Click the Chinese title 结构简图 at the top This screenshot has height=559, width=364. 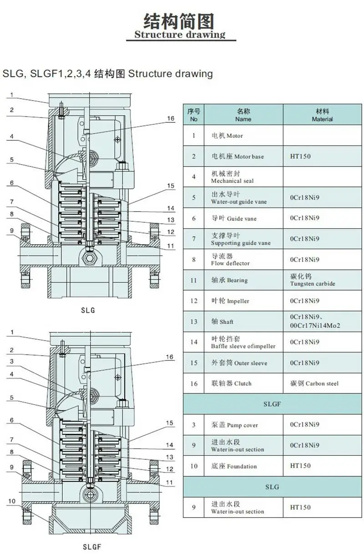click(x=178, y=21)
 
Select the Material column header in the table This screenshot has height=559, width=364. click(x=322, y=115)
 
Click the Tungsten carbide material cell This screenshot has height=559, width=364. click(x=322, y=280)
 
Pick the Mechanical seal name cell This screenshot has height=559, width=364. click(x=243, y=176)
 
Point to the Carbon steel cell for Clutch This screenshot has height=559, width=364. click(x=322, y=383)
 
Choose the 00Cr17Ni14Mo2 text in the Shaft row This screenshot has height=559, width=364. click(x=315, y=325)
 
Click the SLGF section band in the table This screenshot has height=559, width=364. click(x=273, y=404)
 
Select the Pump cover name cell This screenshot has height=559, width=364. click(x=243, y=425)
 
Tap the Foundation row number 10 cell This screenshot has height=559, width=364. click(x=194, y=466)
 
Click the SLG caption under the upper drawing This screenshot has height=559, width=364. click(x=88, y=310)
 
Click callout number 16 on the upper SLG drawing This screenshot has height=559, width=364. click(x=171, y=118)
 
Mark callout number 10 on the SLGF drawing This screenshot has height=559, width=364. click(x=12, y=501)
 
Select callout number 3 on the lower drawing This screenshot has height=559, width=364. click(x=12, y=361)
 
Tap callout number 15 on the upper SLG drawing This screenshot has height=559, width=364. click(x=171, y=186)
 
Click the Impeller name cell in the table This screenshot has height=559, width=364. click(x=243, y=301)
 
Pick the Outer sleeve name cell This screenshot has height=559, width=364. click(x=243, y=363)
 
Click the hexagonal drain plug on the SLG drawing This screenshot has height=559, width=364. click(x=89, y=258)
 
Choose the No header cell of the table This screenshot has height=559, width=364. click(x=194, y=115)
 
